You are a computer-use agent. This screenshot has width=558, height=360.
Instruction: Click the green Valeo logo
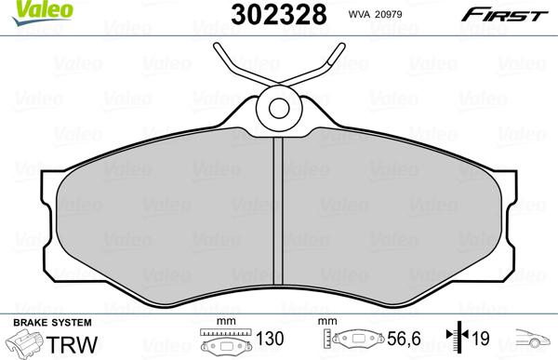pos(42,12)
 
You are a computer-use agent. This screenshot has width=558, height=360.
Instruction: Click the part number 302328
pos(279,15)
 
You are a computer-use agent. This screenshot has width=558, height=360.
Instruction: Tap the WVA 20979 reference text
pos(375,15)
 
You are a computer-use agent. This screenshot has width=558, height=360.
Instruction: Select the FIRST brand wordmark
pos(505,15)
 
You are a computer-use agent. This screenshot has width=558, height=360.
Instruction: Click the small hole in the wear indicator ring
pos(279,108)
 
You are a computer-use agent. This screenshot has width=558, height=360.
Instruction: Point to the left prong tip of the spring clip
pos(217,46)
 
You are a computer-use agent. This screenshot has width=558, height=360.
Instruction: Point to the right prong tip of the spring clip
pos(341,46)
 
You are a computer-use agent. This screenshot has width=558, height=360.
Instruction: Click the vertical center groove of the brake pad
pos(278,211)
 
